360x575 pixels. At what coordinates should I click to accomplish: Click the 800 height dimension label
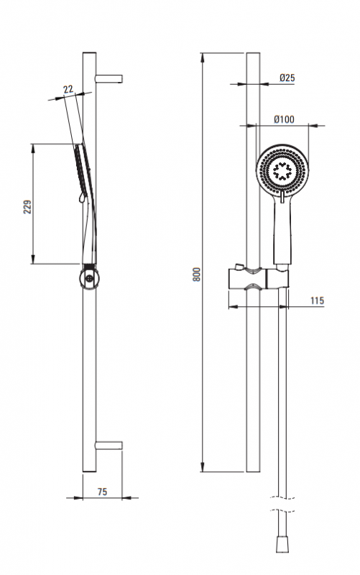197,274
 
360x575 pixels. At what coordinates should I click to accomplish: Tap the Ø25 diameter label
287,78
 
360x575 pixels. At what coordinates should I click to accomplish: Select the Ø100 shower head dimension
284,119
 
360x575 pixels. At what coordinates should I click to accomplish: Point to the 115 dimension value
317,300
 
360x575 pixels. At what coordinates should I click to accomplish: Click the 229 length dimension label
27,207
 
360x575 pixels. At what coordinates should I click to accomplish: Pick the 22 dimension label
68,89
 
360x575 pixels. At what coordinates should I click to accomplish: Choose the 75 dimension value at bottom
102,492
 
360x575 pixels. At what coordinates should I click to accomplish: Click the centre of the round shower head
282,170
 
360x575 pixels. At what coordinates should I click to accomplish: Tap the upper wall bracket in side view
109,78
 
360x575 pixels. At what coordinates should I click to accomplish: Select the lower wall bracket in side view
109,446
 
